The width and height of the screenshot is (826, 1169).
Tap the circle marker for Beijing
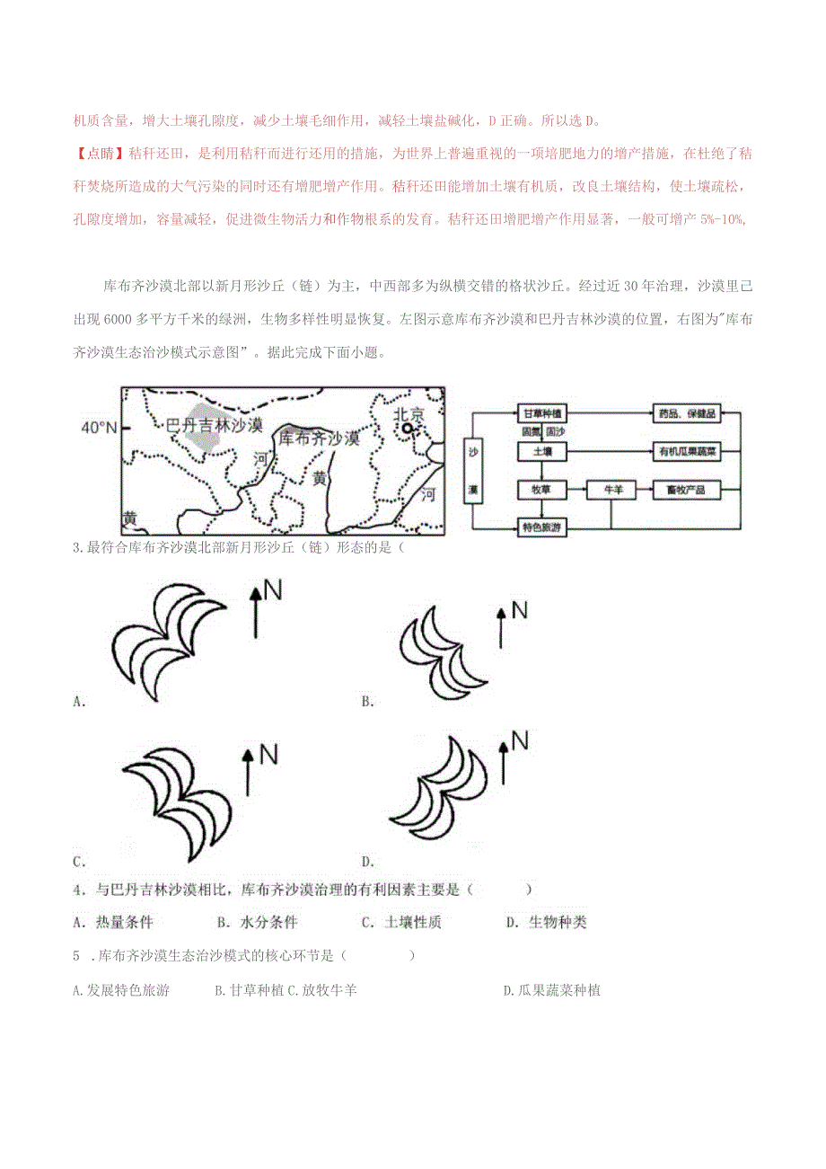(409, 430)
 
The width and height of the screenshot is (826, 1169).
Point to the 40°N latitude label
(99, 428)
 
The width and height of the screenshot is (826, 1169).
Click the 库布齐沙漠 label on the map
(318, 438)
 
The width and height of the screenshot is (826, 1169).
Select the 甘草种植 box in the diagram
(541, 414)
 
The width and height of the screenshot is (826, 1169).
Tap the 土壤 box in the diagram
(541, 452)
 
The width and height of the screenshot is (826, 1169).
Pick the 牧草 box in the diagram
(541, 490)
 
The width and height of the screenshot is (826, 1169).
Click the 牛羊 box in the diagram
(612, 490)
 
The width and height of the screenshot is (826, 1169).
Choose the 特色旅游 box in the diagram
(541, 528)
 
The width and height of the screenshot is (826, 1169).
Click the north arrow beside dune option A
(255, 612)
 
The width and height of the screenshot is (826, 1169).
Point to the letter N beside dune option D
(519, 739)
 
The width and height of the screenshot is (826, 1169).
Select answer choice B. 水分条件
(257, 922)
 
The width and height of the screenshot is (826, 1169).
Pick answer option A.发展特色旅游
(121, 990)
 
